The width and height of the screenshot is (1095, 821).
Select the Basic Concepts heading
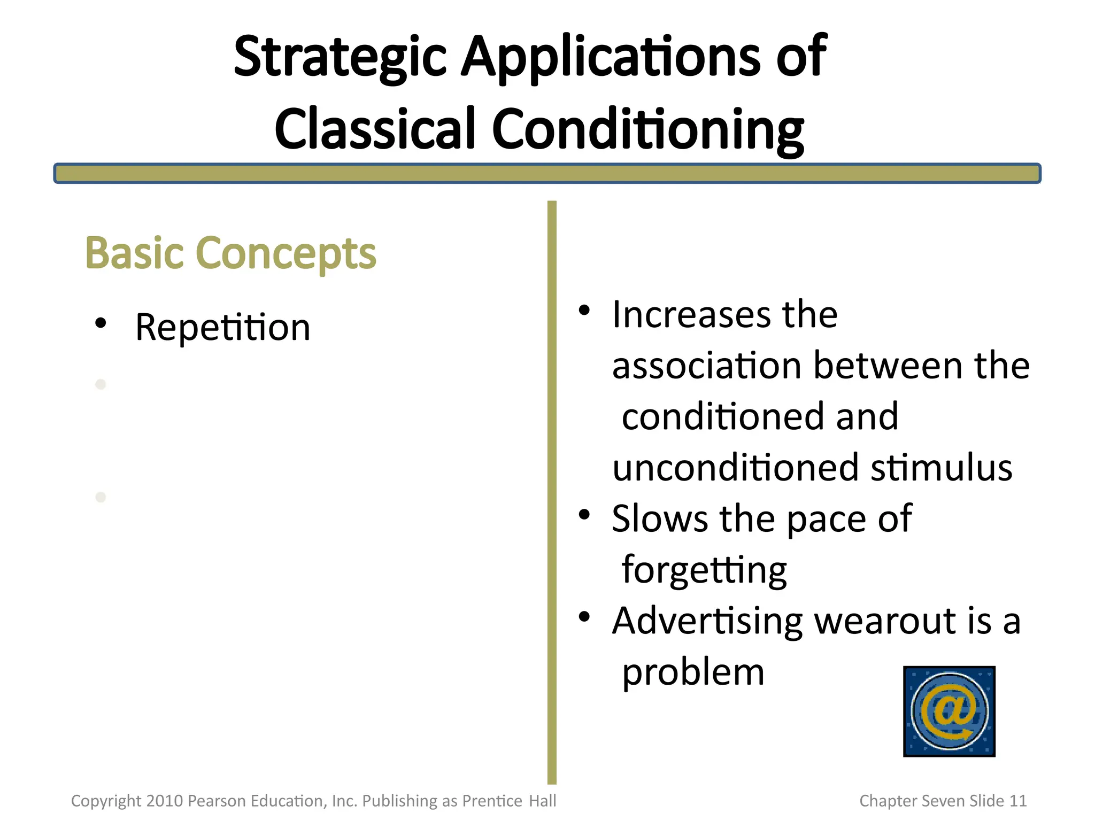[x=230, y=253]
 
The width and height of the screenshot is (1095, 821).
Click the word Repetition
[x=222, y=327]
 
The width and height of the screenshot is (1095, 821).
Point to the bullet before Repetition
[x=101, y=323]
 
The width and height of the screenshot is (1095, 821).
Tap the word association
[x=706, y=366]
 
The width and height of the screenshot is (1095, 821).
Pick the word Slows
[x=659, y=518]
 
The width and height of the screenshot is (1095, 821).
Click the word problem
[x=693, y=672]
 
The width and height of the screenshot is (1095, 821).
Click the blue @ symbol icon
[x=949, y=711]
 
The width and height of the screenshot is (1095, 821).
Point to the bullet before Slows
[x=584, y=515]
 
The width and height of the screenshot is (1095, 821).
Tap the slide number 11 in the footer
[x=1017, y=801]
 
